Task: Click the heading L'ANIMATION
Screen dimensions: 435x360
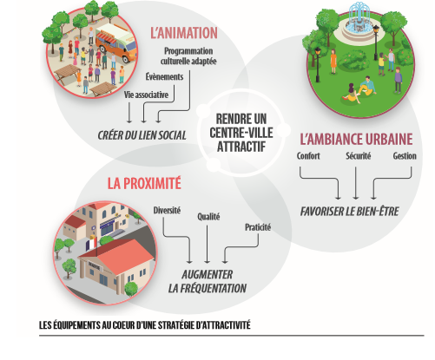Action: (184, 33)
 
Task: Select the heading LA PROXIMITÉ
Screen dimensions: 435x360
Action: (144, 183)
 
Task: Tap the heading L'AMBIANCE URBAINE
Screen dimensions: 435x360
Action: (356, 139)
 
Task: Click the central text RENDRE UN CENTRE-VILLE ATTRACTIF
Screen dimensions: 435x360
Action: (241, 133)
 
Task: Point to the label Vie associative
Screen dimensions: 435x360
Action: (146, 95)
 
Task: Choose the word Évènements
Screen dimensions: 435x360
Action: (164, 76)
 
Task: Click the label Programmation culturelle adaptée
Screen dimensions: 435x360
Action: (188, 56)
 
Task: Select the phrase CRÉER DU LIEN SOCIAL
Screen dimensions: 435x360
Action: (142, 135)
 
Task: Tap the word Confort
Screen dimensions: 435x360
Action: (308, 156)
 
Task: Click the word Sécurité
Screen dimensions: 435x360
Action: (358, 156)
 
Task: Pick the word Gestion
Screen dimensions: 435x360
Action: (405, 156)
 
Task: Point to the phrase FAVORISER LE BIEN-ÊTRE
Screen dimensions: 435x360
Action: (349, 212)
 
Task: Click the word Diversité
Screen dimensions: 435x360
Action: (167, 210)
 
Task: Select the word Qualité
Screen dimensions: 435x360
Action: (208, 217)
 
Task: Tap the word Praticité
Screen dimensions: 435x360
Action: (258, 227)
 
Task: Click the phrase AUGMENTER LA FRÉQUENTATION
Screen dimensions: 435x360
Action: (208, 281)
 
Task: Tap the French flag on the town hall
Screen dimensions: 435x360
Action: (91, 244)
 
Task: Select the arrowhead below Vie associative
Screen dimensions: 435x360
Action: (129, 121)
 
